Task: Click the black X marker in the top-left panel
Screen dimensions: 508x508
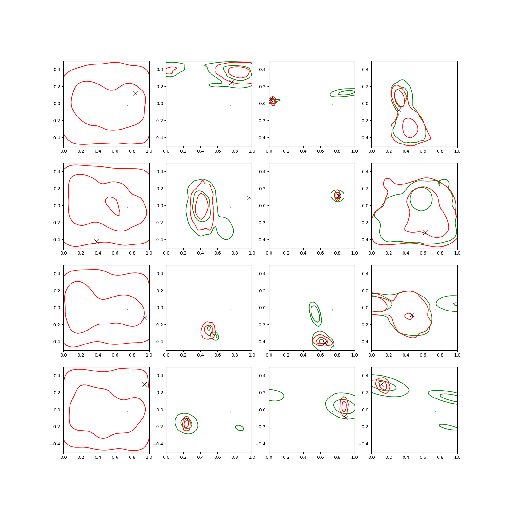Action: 135,94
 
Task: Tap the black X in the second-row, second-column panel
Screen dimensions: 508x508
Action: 249,198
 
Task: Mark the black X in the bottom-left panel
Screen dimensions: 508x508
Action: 144,384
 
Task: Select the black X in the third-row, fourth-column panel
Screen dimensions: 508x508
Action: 412,315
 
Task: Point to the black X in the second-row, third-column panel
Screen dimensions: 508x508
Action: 338,196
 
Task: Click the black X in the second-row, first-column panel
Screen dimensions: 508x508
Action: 97,242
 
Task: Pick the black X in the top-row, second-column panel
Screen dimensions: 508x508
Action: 231,83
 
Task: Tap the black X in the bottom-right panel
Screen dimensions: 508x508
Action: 381,384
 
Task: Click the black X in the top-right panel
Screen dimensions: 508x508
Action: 399,110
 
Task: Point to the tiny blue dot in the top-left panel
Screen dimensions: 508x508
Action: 127,105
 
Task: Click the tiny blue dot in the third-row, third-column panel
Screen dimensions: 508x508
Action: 332,310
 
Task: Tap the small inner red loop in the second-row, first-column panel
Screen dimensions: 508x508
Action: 106,200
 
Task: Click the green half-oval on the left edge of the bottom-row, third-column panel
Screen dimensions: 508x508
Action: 284,396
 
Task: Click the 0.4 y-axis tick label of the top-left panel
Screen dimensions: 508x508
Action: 57,70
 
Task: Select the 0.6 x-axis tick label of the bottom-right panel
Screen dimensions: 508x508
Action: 423,457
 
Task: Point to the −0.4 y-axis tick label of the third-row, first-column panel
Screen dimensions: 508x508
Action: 55,342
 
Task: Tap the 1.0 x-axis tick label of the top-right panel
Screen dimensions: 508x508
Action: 457,151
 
